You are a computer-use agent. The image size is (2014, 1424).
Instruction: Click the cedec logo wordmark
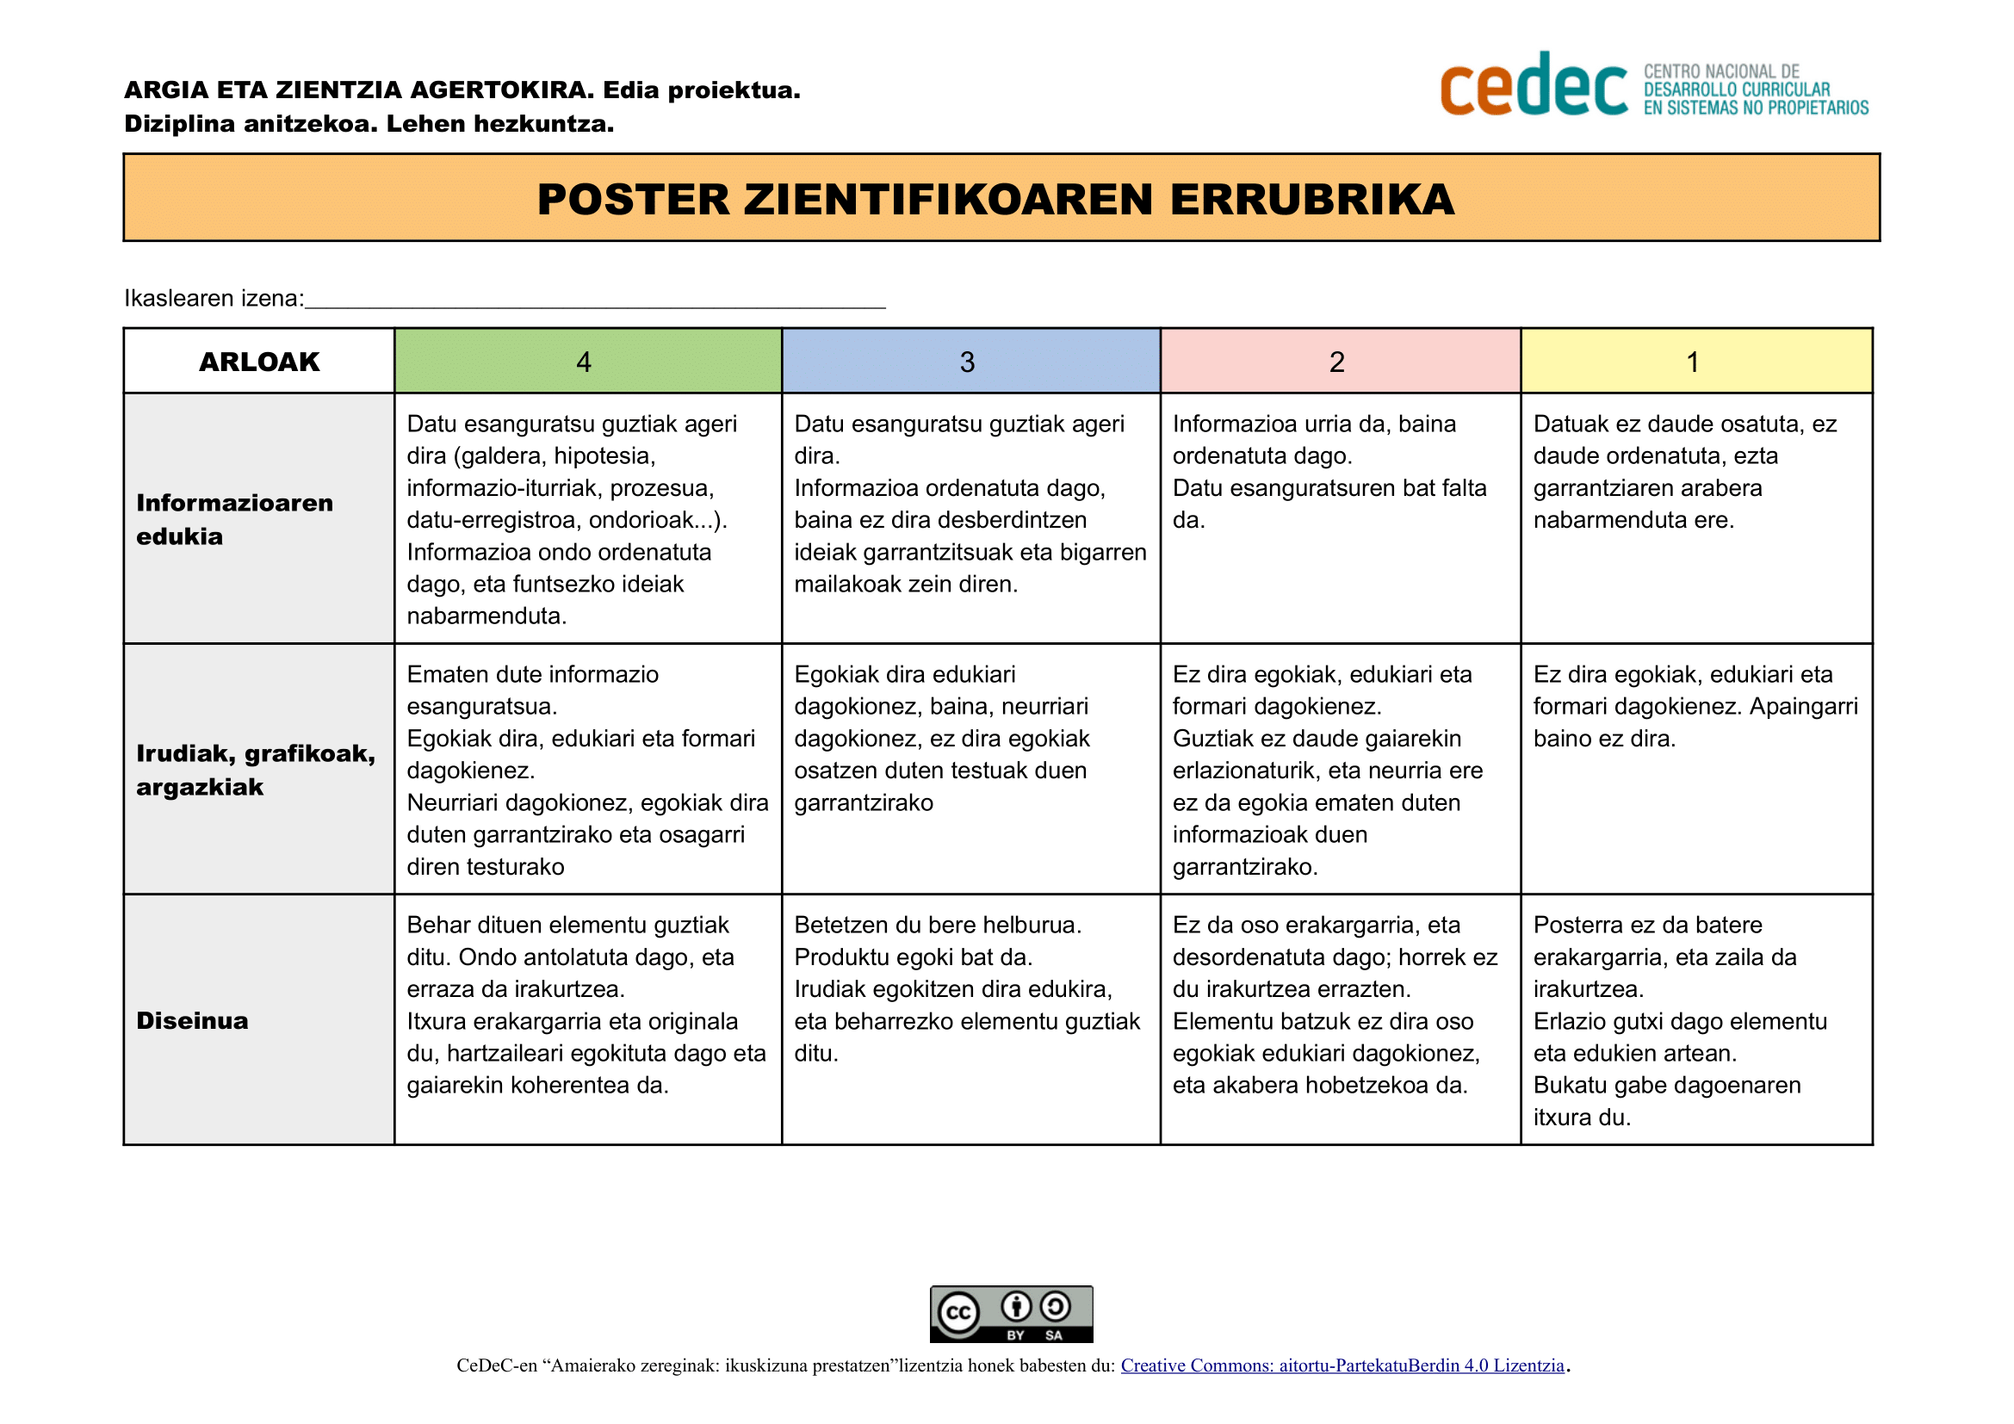(x=1534, y=86)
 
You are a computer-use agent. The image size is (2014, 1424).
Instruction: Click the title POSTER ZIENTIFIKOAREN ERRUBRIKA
(x=995, y=199)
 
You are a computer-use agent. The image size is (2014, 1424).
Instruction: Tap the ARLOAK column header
(x=259, y=362)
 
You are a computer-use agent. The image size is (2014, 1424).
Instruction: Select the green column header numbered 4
(x=584, y=362)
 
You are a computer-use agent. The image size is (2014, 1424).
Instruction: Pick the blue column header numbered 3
(x=968, y=362)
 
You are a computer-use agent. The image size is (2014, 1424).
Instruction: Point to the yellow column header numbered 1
(x=1693, y=362)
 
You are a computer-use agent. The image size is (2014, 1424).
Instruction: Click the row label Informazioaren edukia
(x=234, y=519)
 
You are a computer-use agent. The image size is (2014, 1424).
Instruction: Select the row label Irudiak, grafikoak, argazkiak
(x=255, y=770)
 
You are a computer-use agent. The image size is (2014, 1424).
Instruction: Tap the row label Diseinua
(x=192, y=1021)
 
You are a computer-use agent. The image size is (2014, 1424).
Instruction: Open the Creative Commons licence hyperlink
(x=1342, y=1365)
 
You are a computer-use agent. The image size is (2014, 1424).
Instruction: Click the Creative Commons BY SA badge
(x=1012, y=1314)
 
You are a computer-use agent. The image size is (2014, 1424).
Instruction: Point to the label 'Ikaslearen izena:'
(x=214, y=299)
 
